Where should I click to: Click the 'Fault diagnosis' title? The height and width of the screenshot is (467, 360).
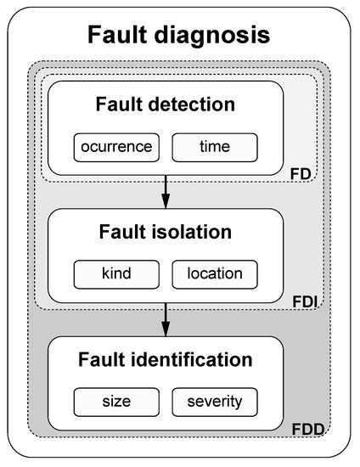tap(179, 36)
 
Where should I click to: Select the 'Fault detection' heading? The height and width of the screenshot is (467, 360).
tap(165, 107)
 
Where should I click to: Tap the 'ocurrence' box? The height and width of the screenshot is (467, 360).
tap(117, 146)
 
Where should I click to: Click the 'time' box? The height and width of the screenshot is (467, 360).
tap(214, 146)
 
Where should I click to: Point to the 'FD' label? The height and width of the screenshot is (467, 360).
tap(300, 174)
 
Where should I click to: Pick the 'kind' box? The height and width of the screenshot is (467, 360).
tap(116, 273)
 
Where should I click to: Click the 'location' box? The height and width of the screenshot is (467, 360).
tap(215, 273)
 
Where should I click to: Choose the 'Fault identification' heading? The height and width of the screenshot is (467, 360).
tap(165, 360)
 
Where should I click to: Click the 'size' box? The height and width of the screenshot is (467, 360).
tap(116, 400)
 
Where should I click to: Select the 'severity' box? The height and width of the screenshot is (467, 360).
tap(214, 400)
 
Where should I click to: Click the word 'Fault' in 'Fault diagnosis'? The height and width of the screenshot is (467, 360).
tap(121, 36)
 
